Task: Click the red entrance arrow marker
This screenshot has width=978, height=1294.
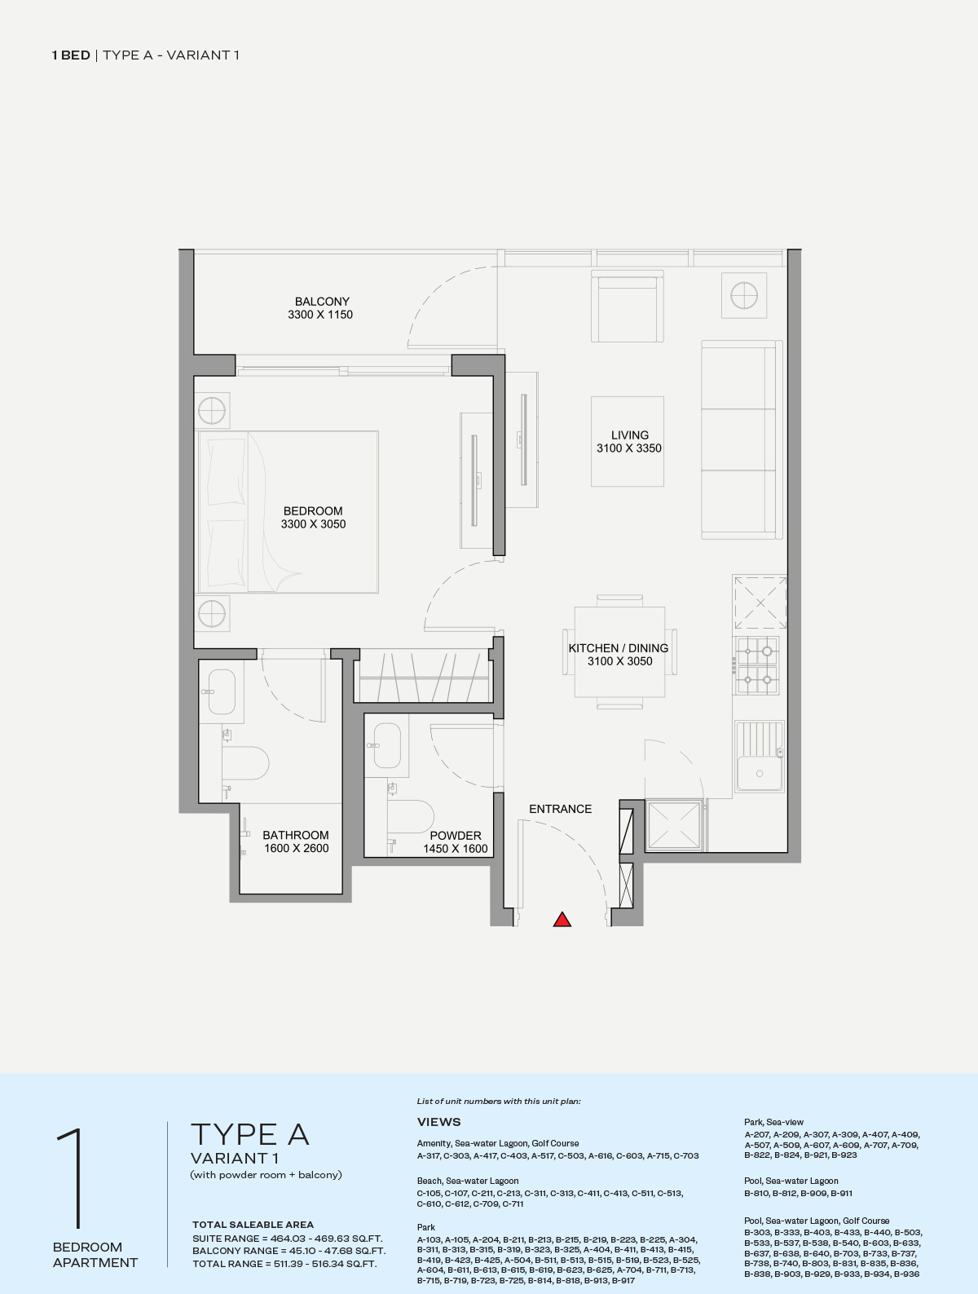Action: (562, 920)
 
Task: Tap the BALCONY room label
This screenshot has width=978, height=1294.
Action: (322, 301)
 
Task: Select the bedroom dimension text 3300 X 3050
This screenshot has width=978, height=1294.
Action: (313, 524)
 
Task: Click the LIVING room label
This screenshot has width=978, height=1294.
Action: (629, 435)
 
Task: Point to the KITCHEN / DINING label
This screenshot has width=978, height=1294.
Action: (619, 647)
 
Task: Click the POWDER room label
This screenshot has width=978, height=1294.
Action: (455, 835)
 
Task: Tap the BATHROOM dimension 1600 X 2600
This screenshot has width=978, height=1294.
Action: (296, 848)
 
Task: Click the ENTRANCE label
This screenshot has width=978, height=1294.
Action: (560, 809)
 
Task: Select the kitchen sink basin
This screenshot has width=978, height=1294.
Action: (759, 773)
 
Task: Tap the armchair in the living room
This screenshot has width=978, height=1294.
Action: (628, 310)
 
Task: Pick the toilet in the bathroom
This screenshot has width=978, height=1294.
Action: (248, 763)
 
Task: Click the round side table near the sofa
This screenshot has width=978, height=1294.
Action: (743, 295)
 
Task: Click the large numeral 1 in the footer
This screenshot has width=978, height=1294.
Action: (71, 1178)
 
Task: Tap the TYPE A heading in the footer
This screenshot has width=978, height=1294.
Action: (249, 1134)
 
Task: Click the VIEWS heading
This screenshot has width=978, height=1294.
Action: (438, 1122)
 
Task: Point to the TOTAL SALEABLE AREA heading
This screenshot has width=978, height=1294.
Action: (253, 1224)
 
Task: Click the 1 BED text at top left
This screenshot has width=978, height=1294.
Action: (71, 55)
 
